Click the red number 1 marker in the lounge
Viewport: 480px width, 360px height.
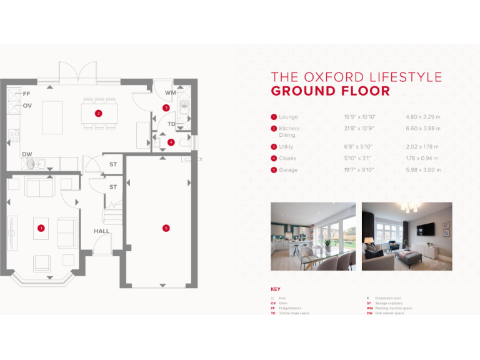click(41, 228)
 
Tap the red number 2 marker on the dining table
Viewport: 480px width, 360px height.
click(98, 113)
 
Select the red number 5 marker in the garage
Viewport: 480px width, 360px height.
click(166, 228)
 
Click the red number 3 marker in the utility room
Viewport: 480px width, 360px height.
click(166, 108)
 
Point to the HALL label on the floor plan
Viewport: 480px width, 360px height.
click(101, 231)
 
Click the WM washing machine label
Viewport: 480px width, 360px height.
click(170, 92)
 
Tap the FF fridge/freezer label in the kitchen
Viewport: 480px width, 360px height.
click(26, 94)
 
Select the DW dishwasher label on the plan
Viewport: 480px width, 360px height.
click(27, 154)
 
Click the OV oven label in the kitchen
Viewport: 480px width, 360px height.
click(27, 106)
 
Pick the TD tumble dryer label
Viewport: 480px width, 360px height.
click(171, 124)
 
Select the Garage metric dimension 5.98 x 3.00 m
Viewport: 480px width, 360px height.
click(423, 170)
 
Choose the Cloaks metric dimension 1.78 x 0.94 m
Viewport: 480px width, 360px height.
click(423, 159)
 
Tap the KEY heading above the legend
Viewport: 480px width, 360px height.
click(276, 289)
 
